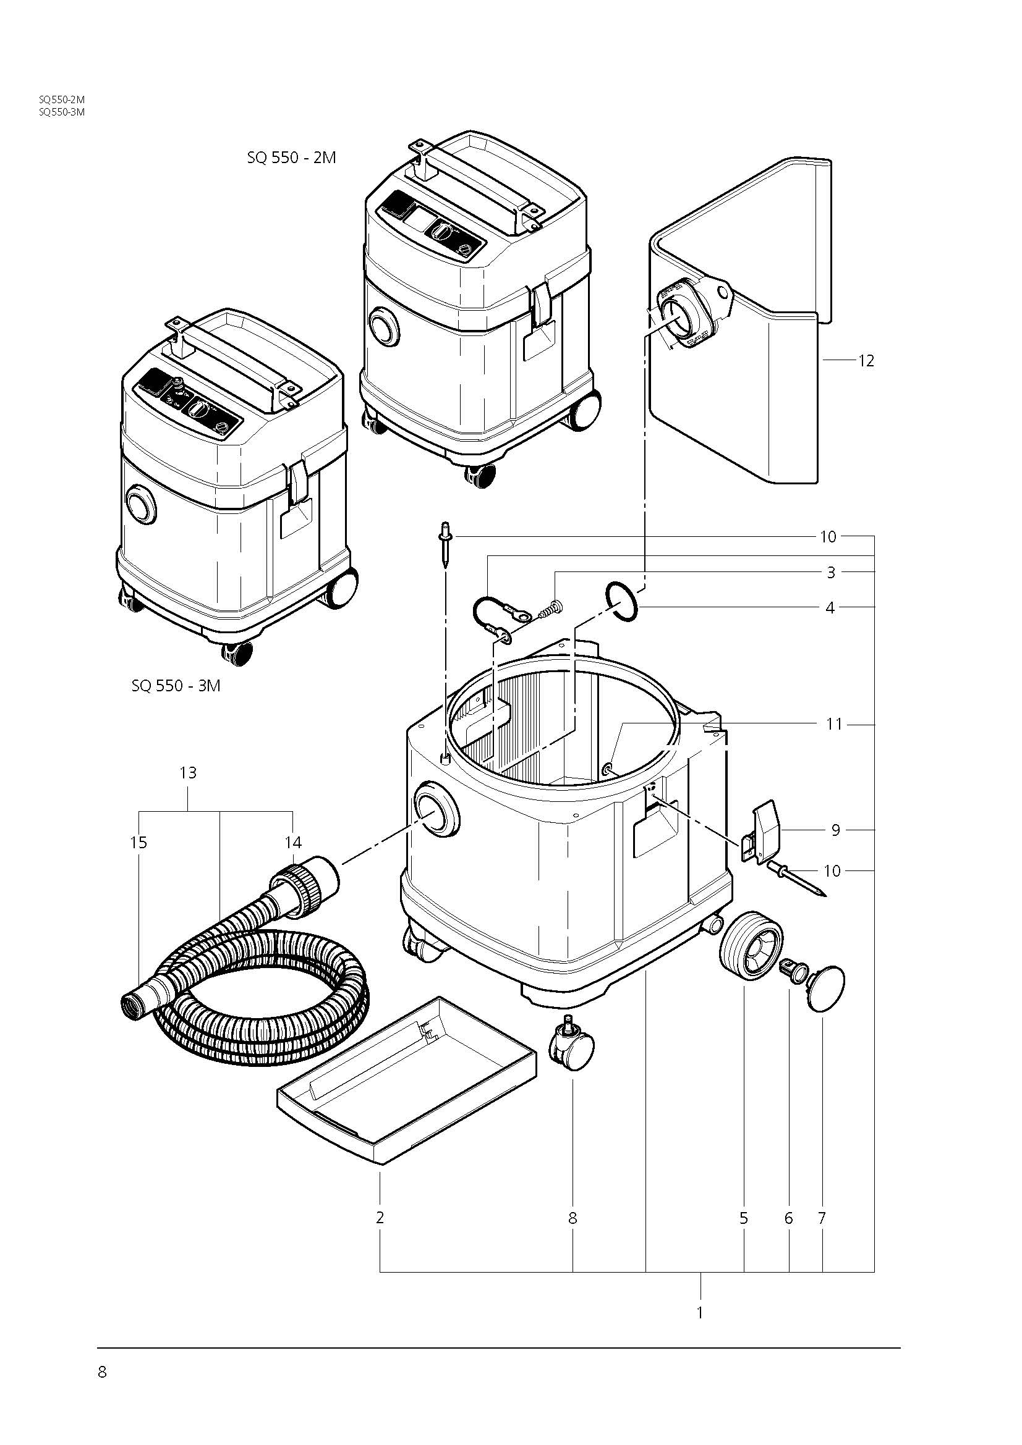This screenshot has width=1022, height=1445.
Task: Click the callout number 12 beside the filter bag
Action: tap(866, 361)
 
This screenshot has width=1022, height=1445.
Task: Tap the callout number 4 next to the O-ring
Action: tap(830, 608)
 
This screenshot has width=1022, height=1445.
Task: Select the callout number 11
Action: tap(833, 725)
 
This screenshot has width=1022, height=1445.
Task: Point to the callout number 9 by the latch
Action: tap(836, 830)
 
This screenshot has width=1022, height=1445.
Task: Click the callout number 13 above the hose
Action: tap(188, 772)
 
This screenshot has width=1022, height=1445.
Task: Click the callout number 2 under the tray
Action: tap(380, 1218)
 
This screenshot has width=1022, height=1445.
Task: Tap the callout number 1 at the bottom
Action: tap(700, 1313)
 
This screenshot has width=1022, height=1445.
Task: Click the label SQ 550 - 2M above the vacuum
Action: tap(292, 158)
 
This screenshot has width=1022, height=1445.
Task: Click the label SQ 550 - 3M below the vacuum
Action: tap(176, 685)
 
